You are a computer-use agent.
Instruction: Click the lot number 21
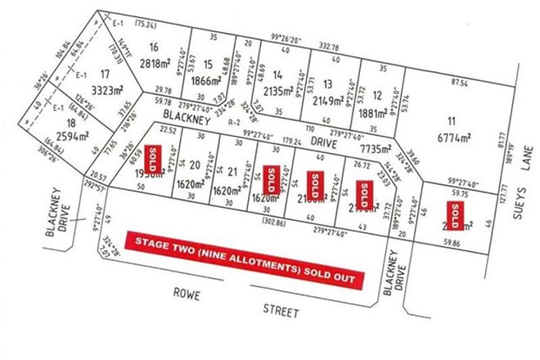tap(233, 171)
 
